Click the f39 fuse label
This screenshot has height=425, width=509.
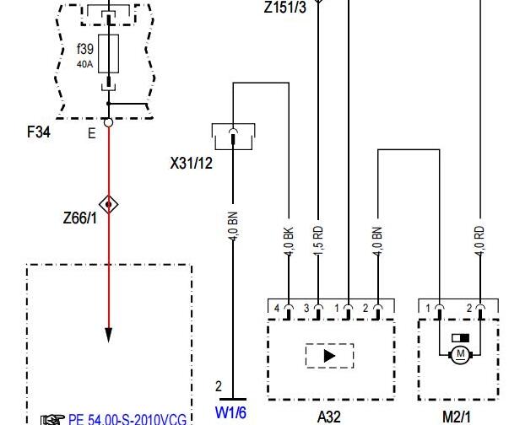[x=85, y=49]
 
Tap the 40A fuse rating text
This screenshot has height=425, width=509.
[x=84, y=65]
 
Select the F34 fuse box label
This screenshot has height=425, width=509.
[x=39, y=132]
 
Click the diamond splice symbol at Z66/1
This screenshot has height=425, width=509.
[x=108, y=205]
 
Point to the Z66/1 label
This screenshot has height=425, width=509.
[x=80, y=218]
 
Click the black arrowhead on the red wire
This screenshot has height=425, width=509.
[x=108, y=336]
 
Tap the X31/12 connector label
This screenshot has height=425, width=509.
[x=192, y=163]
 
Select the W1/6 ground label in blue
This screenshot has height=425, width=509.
[x=230, y=412]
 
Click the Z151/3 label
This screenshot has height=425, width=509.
[x=285, y=7]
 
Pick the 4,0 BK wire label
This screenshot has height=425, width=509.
[x=289, y=241]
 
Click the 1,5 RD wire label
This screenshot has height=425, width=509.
[x=318, y=240]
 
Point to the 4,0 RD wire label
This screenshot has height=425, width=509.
[x=479, y=240]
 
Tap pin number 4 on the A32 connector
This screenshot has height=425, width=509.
[x=277, y=308]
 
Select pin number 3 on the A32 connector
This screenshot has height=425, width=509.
[x=306, y=308]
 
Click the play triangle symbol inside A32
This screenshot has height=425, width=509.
[x=329, y=356]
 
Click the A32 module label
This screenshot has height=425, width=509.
[x=329, y=417]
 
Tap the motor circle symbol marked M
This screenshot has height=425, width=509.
[x=460, y=355]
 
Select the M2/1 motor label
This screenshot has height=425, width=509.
[x=457, y=417]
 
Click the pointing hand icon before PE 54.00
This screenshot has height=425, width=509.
[x=52, y=419]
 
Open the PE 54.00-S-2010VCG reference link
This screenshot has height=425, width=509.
[x=127, y=419]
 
